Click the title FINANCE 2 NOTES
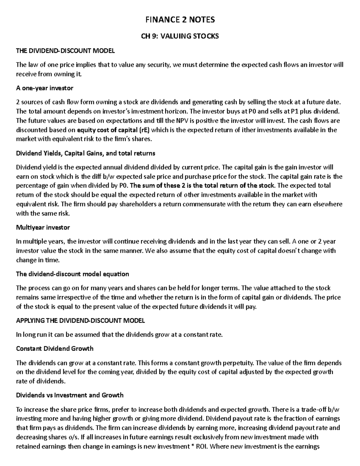(x=180, y=20)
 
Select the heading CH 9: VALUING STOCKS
(x=180, y=36)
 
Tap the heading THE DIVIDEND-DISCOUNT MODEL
(x=65, y=51)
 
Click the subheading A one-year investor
(x=44, y=88)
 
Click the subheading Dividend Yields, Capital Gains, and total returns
(x=85, y=153)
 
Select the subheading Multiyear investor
(x=43, y=227)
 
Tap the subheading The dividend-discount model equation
(x=72, y=274)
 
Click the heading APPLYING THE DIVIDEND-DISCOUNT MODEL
(x=80, y=320)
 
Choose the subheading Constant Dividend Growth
(x=55, y=349)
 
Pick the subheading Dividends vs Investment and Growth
(x=70, y=395)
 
